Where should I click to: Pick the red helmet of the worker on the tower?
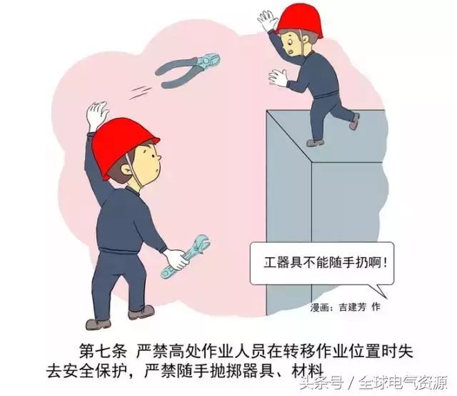click(300, 21)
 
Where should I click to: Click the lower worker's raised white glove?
click(96, 114)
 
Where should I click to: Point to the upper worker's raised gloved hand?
click(268, 20)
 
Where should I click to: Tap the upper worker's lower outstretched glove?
click(278, 78)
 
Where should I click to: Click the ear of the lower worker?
click(126, 169)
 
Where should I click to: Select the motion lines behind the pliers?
click(141, 91)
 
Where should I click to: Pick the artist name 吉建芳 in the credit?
click(352, 307)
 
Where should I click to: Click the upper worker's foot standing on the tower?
click(315, 143)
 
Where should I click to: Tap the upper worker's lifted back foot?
click(354, 122)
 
